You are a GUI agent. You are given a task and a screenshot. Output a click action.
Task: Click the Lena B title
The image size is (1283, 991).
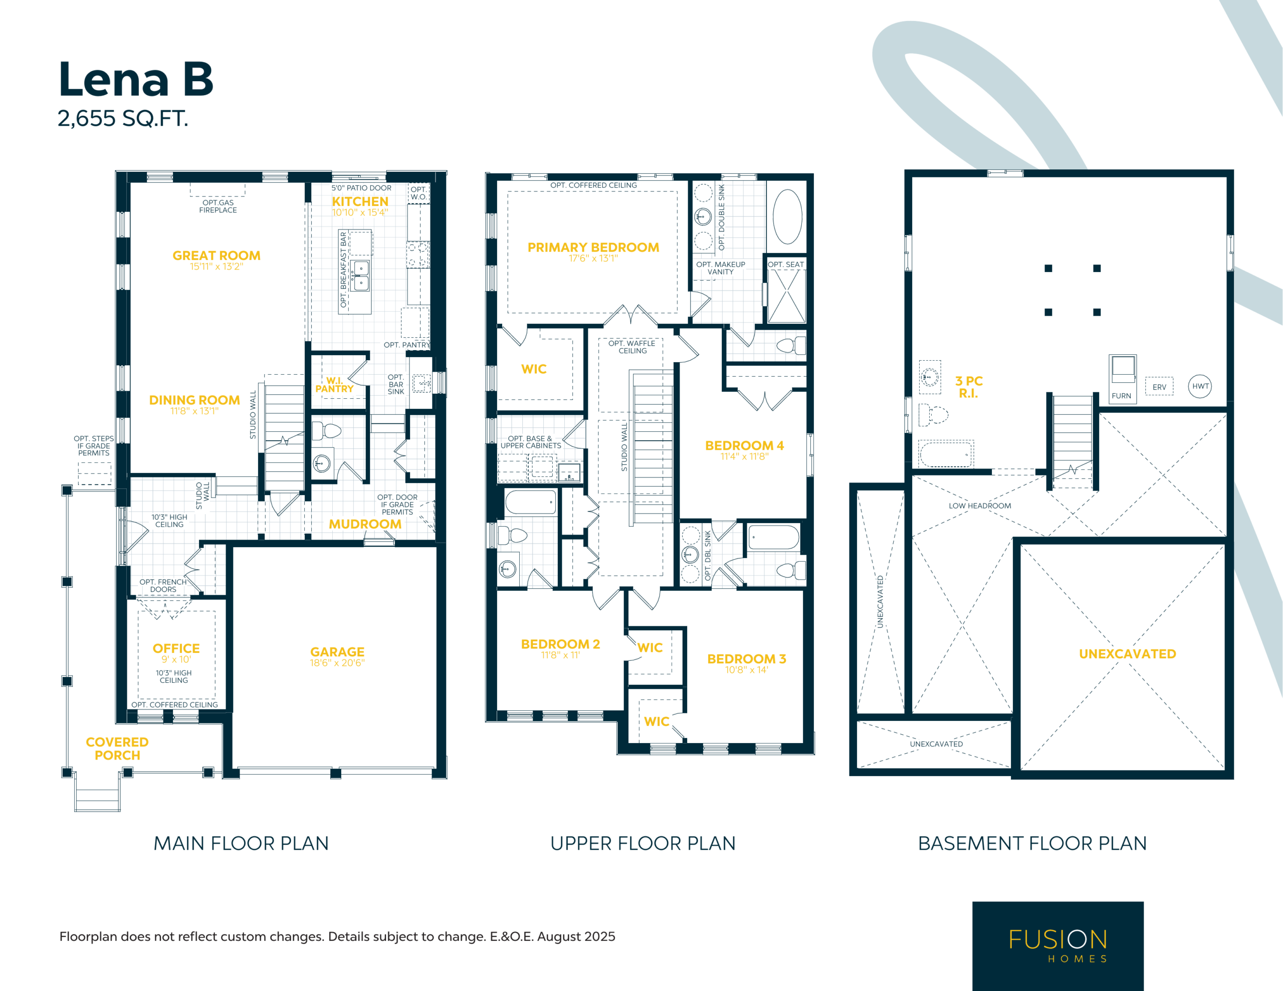point(136,79)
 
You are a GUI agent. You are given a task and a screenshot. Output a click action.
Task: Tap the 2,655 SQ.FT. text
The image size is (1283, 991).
point(123,119)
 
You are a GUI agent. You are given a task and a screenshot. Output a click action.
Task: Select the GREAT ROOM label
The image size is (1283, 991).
point(216,256)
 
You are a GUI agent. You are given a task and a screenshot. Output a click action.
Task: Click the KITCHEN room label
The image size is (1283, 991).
point(360,201)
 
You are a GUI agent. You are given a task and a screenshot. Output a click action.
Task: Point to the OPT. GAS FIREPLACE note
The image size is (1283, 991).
point(218,206)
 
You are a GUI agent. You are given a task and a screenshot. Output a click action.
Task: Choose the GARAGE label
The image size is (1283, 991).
point(337,652)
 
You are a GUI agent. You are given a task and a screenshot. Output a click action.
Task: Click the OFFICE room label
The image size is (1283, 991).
point(176,648)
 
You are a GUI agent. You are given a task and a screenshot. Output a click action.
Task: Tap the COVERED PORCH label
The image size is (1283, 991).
point(117,749)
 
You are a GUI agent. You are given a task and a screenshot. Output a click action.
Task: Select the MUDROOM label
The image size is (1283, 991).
point(365,524)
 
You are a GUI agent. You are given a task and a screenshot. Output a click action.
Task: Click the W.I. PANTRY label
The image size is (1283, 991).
point(334,385)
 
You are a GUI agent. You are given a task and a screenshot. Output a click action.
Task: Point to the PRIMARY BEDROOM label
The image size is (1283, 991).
point(593,247)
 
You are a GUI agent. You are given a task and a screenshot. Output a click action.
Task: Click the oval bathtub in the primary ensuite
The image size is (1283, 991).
point(788,217)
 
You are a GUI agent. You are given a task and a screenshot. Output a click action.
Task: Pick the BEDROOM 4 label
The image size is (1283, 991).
point(744,446)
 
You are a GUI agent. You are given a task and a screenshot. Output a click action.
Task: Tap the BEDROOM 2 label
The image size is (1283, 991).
point(560,644)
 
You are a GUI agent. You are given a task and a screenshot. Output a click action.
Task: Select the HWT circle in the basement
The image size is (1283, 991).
point(1200,386)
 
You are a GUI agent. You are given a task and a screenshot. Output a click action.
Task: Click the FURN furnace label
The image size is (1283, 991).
point(1122,396)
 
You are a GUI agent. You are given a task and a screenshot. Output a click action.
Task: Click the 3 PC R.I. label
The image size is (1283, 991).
point(969,387)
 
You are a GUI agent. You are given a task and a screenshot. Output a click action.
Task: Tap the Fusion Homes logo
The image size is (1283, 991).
point(1058,946)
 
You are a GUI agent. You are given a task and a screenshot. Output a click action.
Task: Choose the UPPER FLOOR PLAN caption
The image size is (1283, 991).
point(643,844)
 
